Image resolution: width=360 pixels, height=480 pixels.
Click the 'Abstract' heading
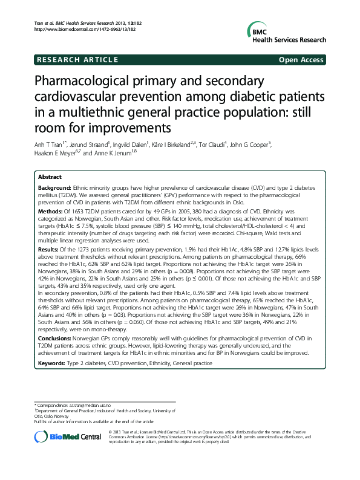coord(49,177)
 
